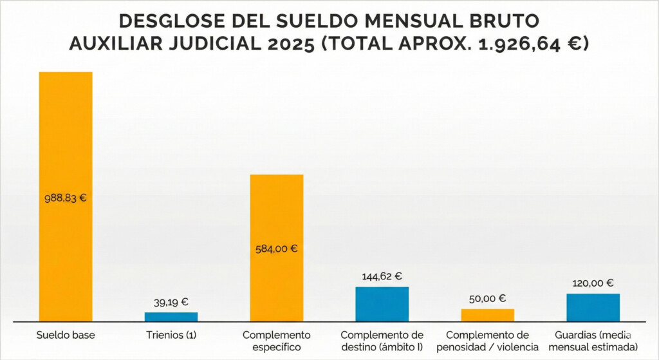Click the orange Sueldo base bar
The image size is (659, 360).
pos(66,129)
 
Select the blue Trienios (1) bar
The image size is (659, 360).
pos(171,317)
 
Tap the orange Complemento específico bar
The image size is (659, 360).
pos(277,213)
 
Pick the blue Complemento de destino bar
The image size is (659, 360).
pos(382,304)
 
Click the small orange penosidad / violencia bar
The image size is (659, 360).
pos(488,315)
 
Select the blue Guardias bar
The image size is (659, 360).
pos(593,307)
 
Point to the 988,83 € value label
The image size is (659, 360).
pos(66,198)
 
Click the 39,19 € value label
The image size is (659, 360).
pos(171,301)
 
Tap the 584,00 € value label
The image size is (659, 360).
pos(277,249)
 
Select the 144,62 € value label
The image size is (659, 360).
pos(382,276)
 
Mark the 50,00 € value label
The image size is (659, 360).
pos(488,298)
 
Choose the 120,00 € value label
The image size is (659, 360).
pos(593,283)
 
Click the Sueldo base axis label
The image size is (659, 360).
pos(66,336)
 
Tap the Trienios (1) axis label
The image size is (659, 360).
pos(171,336)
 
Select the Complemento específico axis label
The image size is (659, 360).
pos(277,341)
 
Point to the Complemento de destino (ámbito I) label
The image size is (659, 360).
pos(382,341)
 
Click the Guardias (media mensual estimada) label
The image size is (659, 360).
pos(593,341)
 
